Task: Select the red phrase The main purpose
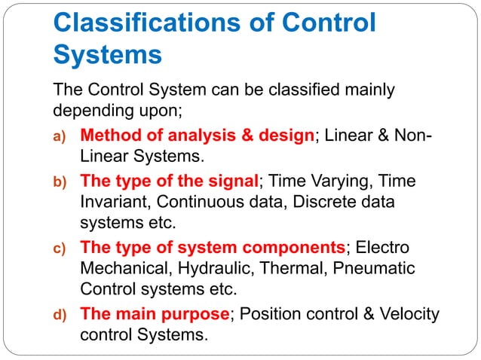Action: coord(155,313)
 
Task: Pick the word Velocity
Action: coord(408,313)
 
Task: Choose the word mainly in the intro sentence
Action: coord(366,91)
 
